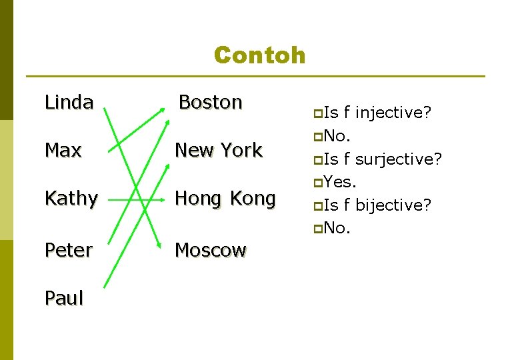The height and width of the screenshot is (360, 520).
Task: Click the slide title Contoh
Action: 259,55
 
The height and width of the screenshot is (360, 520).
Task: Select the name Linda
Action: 69,102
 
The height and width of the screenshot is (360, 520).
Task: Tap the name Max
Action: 63,150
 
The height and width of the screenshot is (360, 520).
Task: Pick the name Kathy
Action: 71,198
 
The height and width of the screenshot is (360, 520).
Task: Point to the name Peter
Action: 69,250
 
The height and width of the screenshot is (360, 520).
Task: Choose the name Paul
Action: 64,298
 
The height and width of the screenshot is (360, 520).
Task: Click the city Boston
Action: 210,102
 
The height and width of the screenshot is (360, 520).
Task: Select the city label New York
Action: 218,150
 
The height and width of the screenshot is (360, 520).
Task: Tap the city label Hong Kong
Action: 225,198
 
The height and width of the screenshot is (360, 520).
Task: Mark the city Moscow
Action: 210,250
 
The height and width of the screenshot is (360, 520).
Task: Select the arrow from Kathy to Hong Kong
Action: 133,198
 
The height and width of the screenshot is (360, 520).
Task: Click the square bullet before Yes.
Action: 318,183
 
